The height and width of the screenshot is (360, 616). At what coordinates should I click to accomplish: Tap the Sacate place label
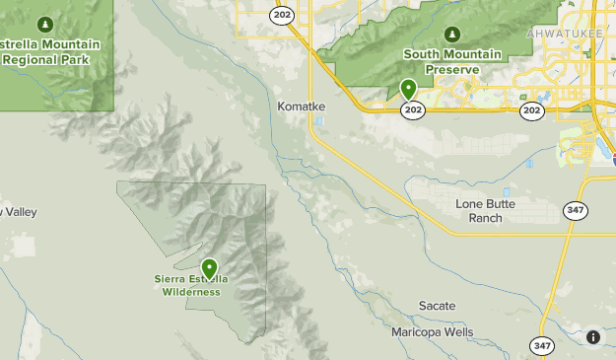point(437,306)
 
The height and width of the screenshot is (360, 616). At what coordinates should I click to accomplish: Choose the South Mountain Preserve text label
point(452,61)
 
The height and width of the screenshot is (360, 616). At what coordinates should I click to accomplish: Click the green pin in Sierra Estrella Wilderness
point(209,268)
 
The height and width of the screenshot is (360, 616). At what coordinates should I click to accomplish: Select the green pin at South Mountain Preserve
point(409,91)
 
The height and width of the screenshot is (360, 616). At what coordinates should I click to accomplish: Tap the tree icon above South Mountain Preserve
point(452,34)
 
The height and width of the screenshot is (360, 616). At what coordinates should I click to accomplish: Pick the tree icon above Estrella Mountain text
point(44,24)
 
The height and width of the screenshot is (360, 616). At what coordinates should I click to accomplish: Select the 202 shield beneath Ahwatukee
point(532,110)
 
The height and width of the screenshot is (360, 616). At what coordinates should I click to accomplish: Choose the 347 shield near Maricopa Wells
point(541,345)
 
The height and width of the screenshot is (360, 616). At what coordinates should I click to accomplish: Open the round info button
point(593,337)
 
